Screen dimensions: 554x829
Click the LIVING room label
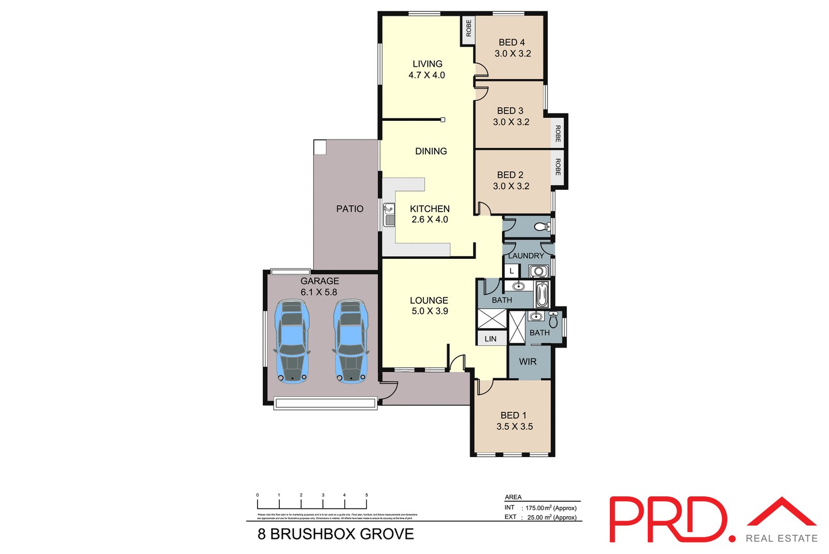point(427,64)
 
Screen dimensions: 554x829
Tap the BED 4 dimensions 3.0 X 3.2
point(512,53)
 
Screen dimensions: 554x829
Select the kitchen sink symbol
point(389,215)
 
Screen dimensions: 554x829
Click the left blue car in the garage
point(292,341)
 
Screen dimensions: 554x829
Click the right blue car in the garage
point(351,341)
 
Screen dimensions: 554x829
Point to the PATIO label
point(350,209)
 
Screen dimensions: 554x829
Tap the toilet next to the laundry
point(542,227)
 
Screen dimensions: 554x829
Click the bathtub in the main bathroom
point(542,295)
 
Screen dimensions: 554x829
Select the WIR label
point(527,362)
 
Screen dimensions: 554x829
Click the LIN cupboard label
point(490,339)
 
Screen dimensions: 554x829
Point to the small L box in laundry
point(511,271)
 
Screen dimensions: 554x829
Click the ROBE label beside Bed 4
point(468,28)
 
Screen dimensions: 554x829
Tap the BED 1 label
point(513,415)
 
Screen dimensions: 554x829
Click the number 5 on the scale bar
point(366,495)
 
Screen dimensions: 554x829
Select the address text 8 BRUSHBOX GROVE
point(336,534)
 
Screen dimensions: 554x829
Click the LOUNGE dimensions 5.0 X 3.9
point(430,311)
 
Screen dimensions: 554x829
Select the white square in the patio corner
point(320,147)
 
